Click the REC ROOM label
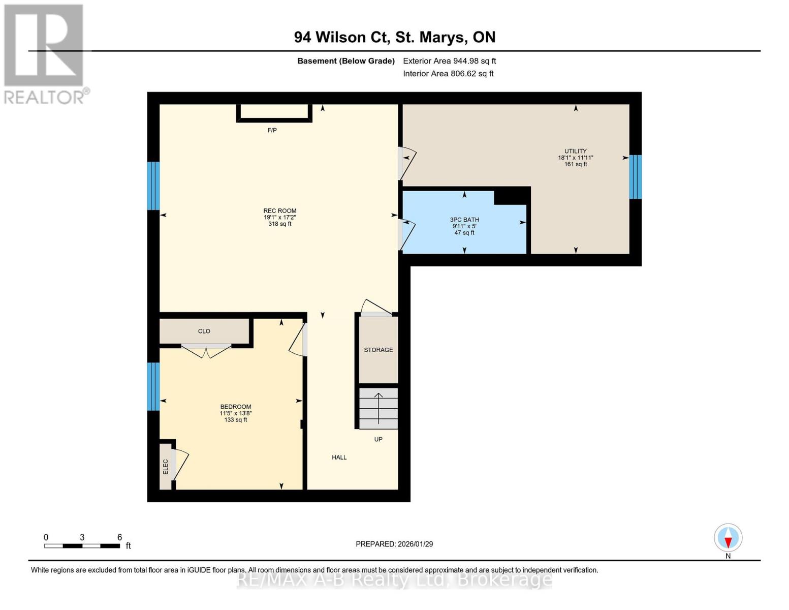[279, 211]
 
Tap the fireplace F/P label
[272, 131]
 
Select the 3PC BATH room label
[464, 220]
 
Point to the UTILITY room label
[575, 151]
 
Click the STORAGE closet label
[378, 350]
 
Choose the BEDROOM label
[235, 407]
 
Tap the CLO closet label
[204, 331]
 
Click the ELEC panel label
[165, 467]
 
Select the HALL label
[339, 457]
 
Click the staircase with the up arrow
[378, 409]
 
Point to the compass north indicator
[728, 538]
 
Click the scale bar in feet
[82, 546]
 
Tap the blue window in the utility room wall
[635, 176]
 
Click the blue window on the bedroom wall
[153, 386]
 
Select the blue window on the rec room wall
[153, 186]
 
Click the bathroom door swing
[407, 234]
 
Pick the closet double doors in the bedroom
[206, 350]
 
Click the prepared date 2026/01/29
[394, 544]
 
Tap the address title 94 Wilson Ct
[394, 37]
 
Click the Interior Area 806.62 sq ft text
[448, 74]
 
